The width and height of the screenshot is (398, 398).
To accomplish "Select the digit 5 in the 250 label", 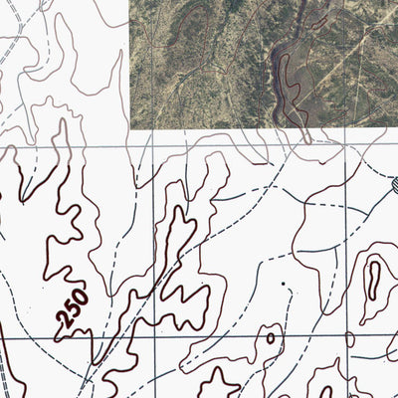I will [73, 307].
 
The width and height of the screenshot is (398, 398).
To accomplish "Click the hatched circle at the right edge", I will [394, 184].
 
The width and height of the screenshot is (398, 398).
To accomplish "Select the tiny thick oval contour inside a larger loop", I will [270, 338].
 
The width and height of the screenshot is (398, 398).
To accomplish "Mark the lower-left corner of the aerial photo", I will [130, 128].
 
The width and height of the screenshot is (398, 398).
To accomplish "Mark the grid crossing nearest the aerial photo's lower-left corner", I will [152, 146].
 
